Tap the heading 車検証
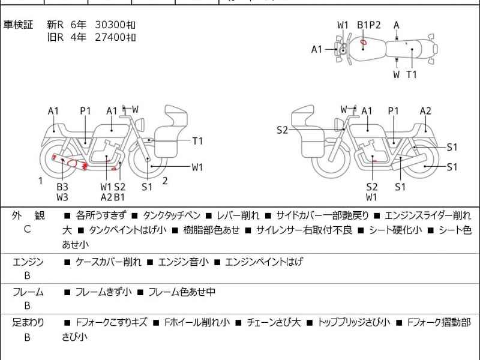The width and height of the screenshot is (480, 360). pos(19,25)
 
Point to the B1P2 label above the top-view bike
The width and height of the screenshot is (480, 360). pos(369,25)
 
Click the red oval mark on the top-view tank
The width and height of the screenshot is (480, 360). pos(364,42)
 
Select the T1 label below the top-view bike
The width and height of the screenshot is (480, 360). pos(412,74)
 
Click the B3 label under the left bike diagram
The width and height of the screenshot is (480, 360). pos(62,187)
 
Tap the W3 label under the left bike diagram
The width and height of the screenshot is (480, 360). pos(62,197)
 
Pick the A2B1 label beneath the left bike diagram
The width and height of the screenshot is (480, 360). pos(113,197)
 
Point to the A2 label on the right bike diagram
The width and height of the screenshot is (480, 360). pos(425,110)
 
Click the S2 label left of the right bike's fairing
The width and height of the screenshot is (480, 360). pos(283,130)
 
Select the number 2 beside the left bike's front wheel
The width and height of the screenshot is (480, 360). pos(164,181)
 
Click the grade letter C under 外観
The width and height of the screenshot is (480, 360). pos(27,229)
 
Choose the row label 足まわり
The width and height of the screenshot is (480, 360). pos(28,322)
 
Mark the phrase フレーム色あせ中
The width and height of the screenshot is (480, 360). pos(181,292)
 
